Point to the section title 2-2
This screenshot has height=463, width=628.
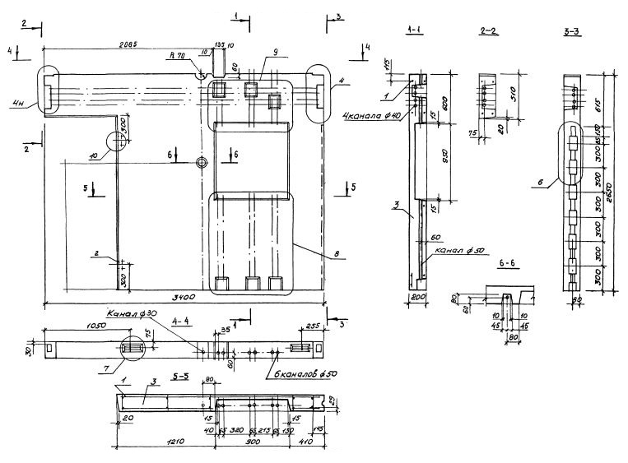(487, 30)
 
